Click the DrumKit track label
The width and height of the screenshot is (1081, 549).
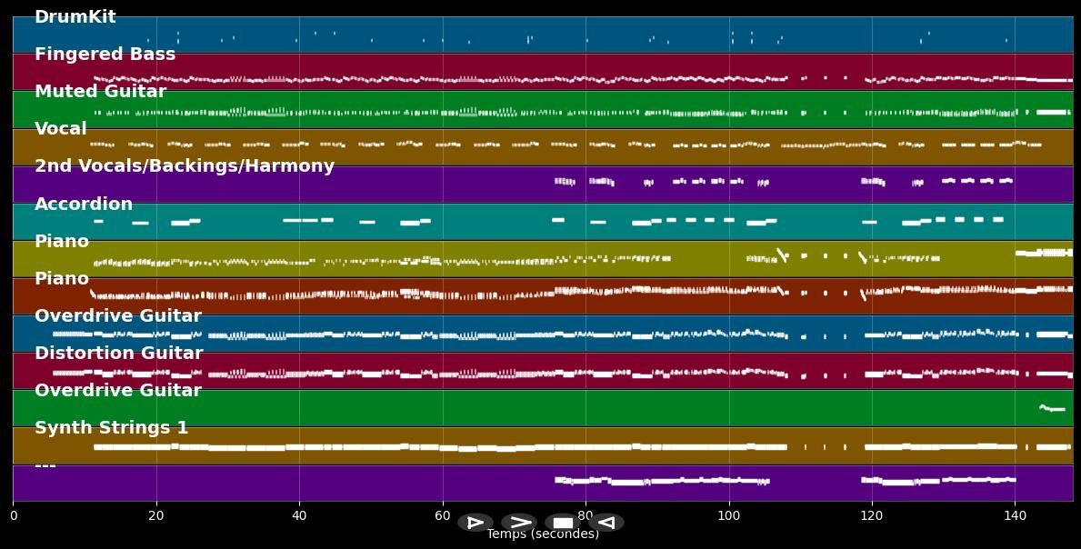tap(75, 17)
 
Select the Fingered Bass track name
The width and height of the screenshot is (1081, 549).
tap(105, 55)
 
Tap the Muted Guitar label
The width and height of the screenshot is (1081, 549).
tap(100, 92)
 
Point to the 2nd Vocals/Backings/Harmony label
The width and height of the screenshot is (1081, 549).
tap(184, 166)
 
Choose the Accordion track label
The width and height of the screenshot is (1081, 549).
tap(84, 205)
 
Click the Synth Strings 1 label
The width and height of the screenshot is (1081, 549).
tap(111, 428)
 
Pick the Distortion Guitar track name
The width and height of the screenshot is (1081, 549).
tap(118, 354)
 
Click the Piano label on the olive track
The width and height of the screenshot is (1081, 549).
tap(62, 242)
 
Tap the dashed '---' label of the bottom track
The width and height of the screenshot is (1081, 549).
tap(45, 465)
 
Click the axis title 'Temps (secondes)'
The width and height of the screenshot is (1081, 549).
tap(542, 534)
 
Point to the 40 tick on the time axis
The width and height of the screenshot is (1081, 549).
tap(299, 516)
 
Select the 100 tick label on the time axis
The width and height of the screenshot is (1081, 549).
tap(728, 516)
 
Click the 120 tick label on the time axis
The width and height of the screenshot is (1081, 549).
tap(872, 516)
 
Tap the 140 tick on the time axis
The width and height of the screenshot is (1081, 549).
tap(1015, 516)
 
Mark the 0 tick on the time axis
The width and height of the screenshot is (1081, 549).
tap(13, 516)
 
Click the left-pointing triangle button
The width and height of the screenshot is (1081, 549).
tap(606, 523)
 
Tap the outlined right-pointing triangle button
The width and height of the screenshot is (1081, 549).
tap(475, 523)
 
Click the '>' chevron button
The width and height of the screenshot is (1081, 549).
tap(519, 523)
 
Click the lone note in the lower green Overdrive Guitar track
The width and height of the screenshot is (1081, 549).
tap(1052, 408)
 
